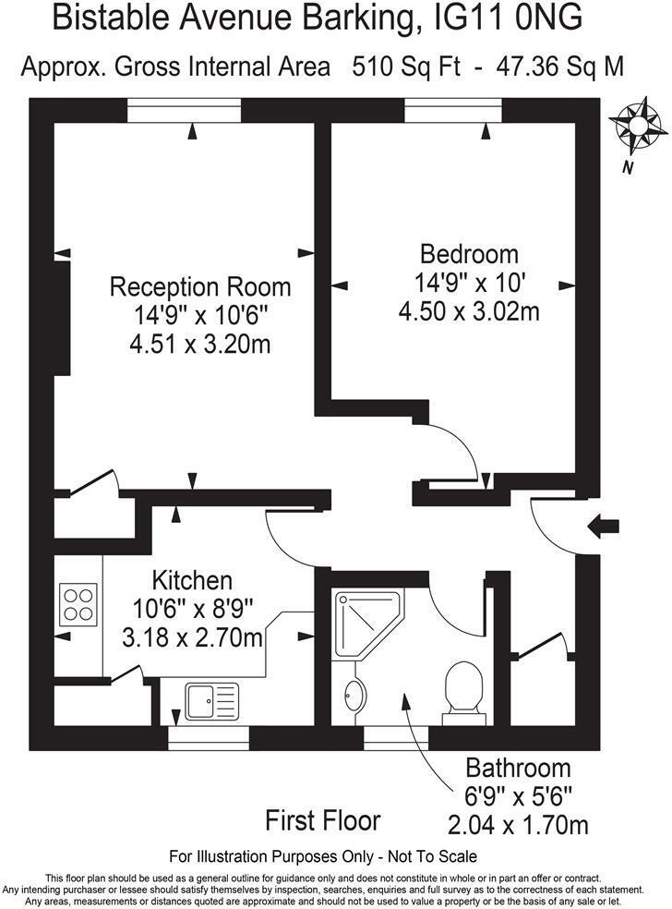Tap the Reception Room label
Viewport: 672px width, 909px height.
(x=200, y=287)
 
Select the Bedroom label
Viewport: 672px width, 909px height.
(x=469, y=254)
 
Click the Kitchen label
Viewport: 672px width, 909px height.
(x=192, y=581)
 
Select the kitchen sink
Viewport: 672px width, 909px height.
(x=211, y=701)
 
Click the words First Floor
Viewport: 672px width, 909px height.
(x=322, y=819)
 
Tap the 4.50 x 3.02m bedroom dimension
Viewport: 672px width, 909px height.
(x=469, y=311)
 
